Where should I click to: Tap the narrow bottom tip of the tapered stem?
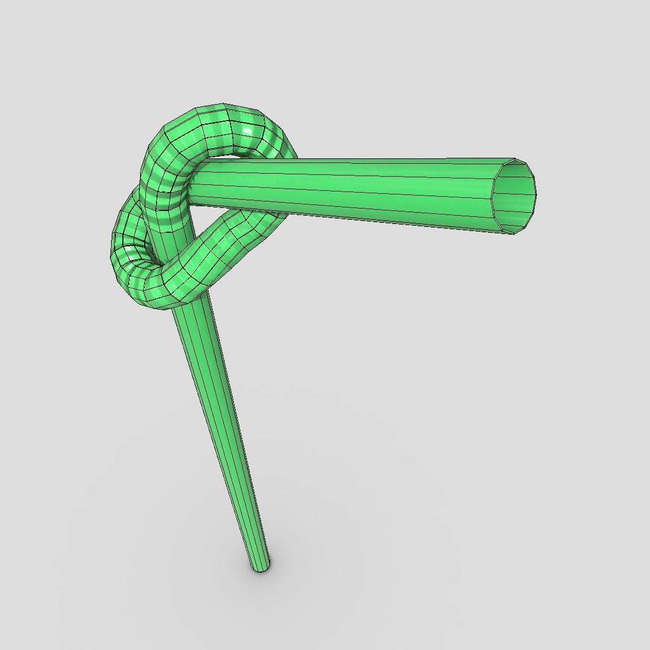point(260,568)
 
